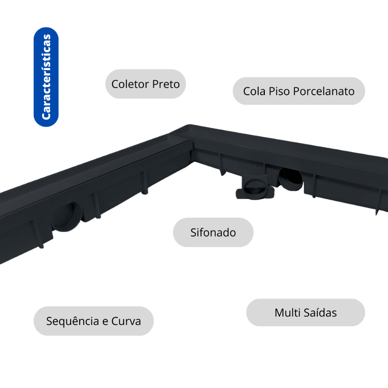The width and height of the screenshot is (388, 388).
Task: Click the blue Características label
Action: coord(46,77)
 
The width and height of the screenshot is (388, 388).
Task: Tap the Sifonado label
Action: coord(213,232)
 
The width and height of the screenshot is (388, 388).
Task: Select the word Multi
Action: coord(288,313)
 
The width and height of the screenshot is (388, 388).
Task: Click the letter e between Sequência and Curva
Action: coord(106,322)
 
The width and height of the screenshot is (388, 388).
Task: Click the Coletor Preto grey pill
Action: coord(145,84)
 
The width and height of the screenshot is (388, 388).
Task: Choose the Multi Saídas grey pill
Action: coord(305,313)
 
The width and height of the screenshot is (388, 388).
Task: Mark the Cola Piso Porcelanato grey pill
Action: coord(299,91)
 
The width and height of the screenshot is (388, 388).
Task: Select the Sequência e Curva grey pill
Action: coord(94,321)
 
